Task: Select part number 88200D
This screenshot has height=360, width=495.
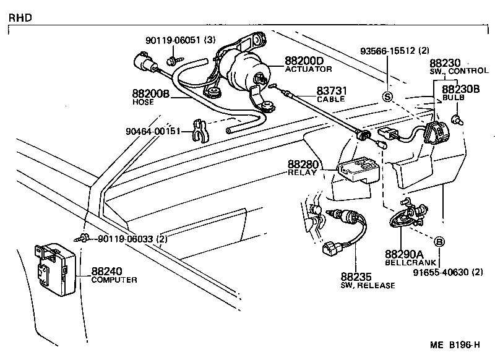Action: coord(304,61)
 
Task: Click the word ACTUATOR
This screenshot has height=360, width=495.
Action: coord(308,69)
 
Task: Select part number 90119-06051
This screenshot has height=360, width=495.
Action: coord(171,40)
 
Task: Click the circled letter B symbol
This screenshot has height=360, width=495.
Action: coord(439,241)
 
